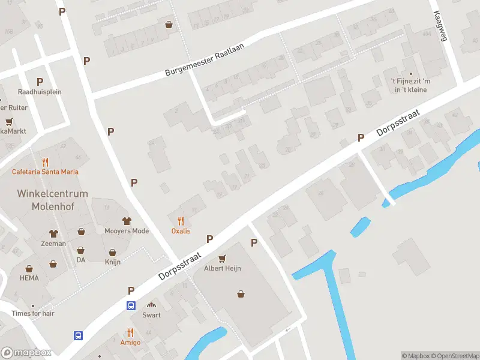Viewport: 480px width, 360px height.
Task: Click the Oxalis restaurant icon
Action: point(181,220)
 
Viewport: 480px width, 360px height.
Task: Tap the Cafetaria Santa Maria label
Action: point(45,172)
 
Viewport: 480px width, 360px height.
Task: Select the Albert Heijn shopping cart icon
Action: point(223,259)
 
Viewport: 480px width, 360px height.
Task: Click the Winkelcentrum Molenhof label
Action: point(52,200)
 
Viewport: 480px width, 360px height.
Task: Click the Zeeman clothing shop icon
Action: point(53,233)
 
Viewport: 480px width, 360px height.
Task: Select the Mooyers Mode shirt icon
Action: point(127,221)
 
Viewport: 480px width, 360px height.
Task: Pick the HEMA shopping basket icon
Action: point(29,269)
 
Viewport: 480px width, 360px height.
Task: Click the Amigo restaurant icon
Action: point(130,332)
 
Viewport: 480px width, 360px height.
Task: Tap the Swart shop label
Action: point(151,315)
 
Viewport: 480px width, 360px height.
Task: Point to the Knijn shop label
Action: point(113,262)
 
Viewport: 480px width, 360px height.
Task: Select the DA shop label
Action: point(81,260)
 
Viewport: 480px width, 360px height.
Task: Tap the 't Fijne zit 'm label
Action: point(410,81)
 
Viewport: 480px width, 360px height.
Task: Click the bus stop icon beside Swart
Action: point(131,305)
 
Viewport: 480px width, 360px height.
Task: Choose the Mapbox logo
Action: point(27,353)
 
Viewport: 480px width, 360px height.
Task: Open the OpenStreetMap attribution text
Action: point(454,356)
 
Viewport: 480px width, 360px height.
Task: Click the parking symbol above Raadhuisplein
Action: point(40,82)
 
